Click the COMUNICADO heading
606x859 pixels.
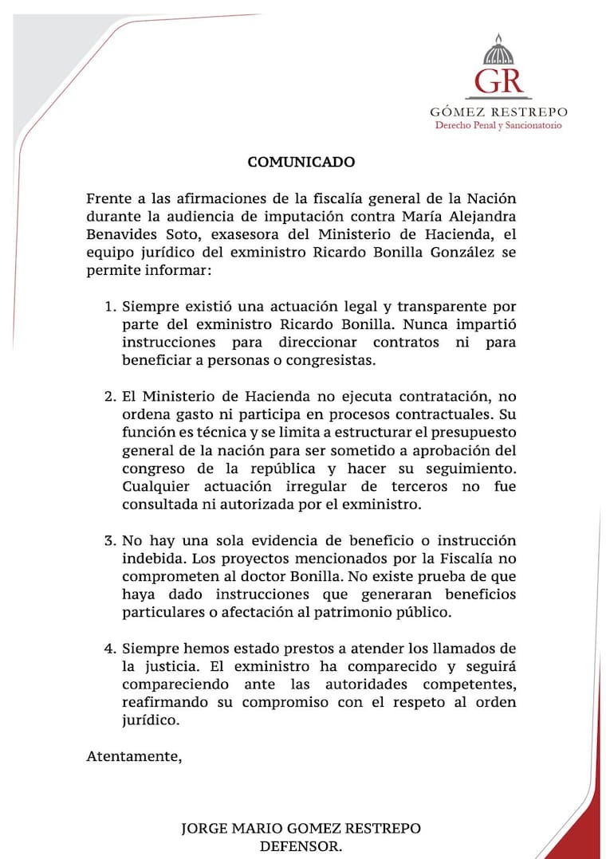click(301, 162)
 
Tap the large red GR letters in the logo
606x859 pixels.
click(498, 80)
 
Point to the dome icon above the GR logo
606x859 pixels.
click(498, 50)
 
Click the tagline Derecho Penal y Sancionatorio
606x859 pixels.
click(498, 125)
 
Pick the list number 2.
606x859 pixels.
click(110, 396)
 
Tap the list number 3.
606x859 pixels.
click(110, 540)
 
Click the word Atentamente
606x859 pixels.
click(134, 757)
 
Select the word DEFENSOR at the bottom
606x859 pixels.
click(301, 847)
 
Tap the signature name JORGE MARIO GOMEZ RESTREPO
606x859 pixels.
click(301, 829)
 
